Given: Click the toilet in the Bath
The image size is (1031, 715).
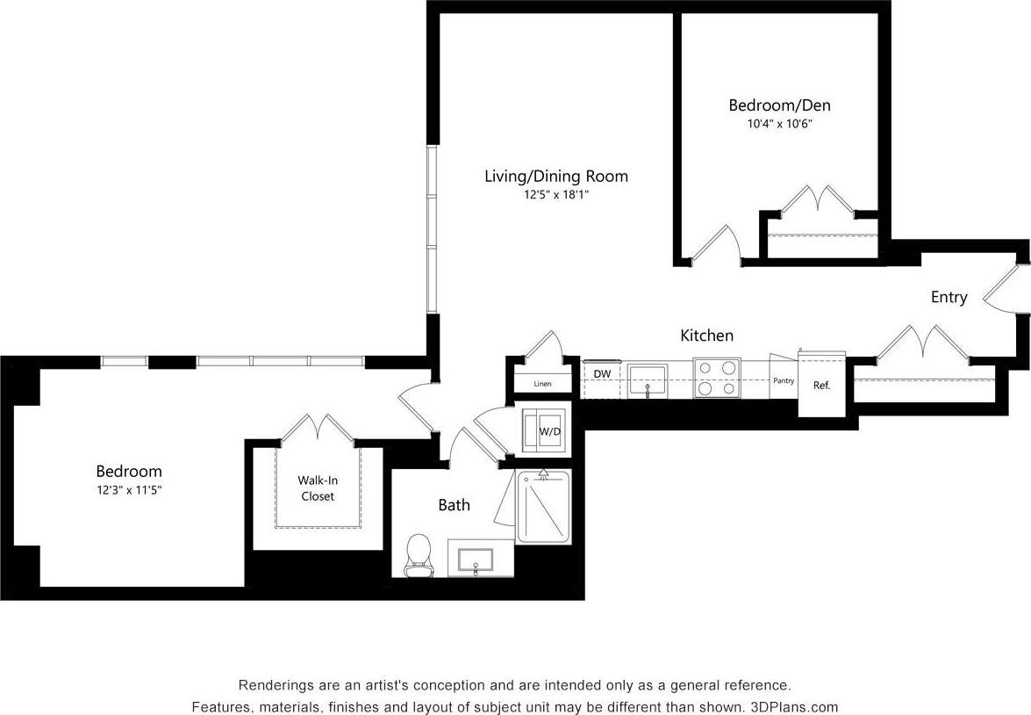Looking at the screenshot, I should point(419,555).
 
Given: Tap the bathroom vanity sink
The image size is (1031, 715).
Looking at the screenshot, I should point(474,560).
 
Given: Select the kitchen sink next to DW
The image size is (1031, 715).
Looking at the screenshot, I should point(648,379).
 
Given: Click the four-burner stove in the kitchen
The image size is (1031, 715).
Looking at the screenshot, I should point(717,379).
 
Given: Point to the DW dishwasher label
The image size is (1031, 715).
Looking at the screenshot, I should point(602,374).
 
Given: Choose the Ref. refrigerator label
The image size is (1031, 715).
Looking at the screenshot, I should point(821,386).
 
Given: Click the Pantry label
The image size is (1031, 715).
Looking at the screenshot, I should point(784,381).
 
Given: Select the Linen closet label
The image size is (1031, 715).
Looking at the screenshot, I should point(542,384).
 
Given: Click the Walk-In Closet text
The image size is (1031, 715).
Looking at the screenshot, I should point(316,488).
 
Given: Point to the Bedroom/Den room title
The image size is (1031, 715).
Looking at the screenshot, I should point(779,105).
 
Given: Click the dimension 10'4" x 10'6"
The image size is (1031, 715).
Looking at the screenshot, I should point(779,125).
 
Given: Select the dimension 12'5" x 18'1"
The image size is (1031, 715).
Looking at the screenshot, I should point(556,195).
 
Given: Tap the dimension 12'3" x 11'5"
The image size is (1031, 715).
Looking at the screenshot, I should point(129,490).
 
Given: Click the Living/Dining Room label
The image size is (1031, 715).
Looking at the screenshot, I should point(556,176).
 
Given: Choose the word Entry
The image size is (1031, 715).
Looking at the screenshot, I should point(949,298).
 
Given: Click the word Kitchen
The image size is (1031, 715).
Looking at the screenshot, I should point(706,336).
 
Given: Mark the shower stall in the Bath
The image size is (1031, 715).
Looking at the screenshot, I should point(542,508).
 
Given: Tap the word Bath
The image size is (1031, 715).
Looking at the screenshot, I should point(454,505).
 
